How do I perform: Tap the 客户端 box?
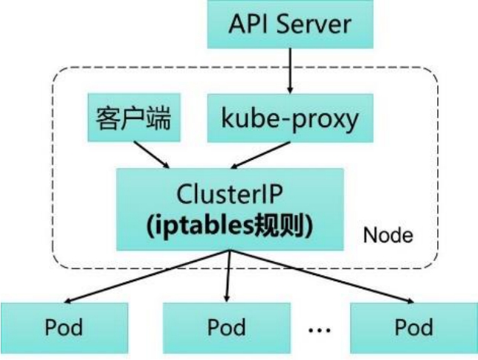(134, 118)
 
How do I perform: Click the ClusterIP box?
(229, 209)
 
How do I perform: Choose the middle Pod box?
(227, 327)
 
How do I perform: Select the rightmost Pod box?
(413, 327)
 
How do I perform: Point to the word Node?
(388, 236)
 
